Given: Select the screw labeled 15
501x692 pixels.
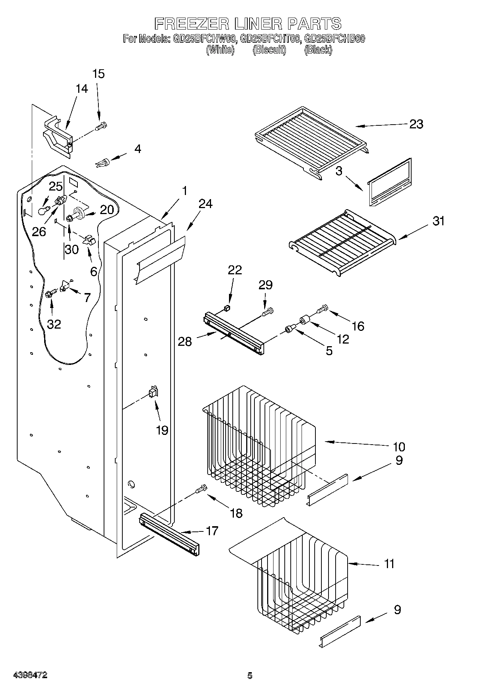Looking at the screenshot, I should pyautogui.click(x=101, y=126).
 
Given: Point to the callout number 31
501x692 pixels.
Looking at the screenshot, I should pyautogui.click(x=439, y=221).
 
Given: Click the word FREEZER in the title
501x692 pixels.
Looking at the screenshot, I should pyautogui.click(x=191, y=24).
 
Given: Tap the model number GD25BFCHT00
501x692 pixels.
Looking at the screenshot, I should pyautogui.click(x=269, y=39).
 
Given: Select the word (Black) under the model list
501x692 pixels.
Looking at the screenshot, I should pyautogui.click(x=318, y=49).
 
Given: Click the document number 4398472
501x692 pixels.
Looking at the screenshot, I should pyautogui.click(x=30, y=676).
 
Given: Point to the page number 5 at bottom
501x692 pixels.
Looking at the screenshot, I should pyautogui.click(x=250, y=676).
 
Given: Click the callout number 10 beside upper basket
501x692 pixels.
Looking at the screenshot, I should pyautogui.click(x=399, y=446).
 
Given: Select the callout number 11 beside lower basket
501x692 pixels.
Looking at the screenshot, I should pyautogui.click(x=389, y=564).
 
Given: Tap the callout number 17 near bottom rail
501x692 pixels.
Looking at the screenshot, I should pyautogui.click(x=212, y=531).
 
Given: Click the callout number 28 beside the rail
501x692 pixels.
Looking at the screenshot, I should pyautogui.click(x=185, y=341).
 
